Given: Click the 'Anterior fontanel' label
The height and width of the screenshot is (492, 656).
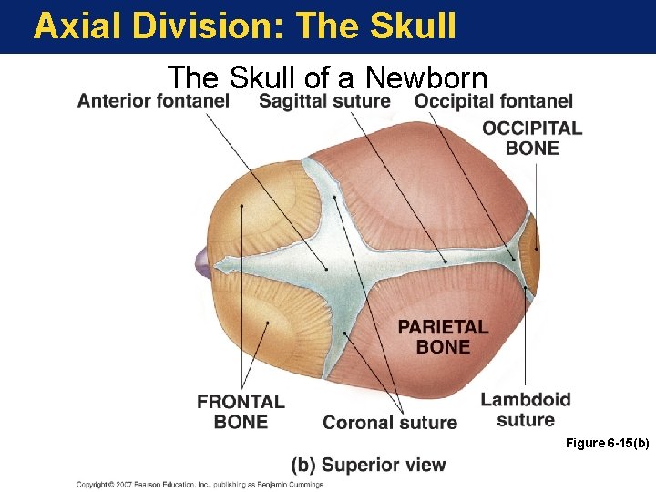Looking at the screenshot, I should [153, 101].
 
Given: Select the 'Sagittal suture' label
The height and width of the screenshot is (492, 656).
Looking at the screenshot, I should [324, 101].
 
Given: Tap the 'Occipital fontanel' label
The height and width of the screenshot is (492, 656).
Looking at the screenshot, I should [493, 101].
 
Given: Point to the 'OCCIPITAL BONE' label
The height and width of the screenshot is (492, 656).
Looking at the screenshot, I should [532, 138].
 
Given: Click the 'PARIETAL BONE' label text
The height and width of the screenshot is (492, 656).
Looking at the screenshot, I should [443, 336].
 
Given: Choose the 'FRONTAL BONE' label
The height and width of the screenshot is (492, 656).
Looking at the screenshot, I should [241, 411].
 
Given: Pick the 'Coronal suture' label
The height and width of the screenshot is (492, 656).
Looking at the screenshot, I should [390, 422].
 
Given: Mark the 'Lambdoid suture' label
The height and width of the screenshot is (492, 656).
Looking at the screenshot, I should [526, 409].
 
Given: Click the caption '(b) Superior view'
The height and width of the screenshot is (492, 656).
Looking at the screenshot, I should [368, 465].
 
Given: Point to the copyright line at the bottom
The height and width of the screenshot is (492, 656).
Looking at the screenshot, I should [200, 485].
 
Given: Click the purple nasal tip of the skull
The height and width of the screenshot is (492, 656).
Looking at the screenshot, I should [202, 264].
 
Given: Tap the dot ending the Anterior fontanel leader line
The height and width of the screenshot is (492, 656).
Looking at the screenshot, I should [327, 269].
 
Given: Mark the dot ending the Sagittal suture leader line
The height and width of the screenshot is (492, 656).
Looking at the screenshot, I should [446, 262].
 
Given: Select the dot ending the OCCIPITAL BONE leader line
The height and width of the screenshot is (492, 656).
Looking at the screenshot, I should [537, 248].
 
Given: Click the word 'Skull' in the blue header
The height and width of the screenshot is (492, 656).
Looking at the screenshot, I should [415, 26].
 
